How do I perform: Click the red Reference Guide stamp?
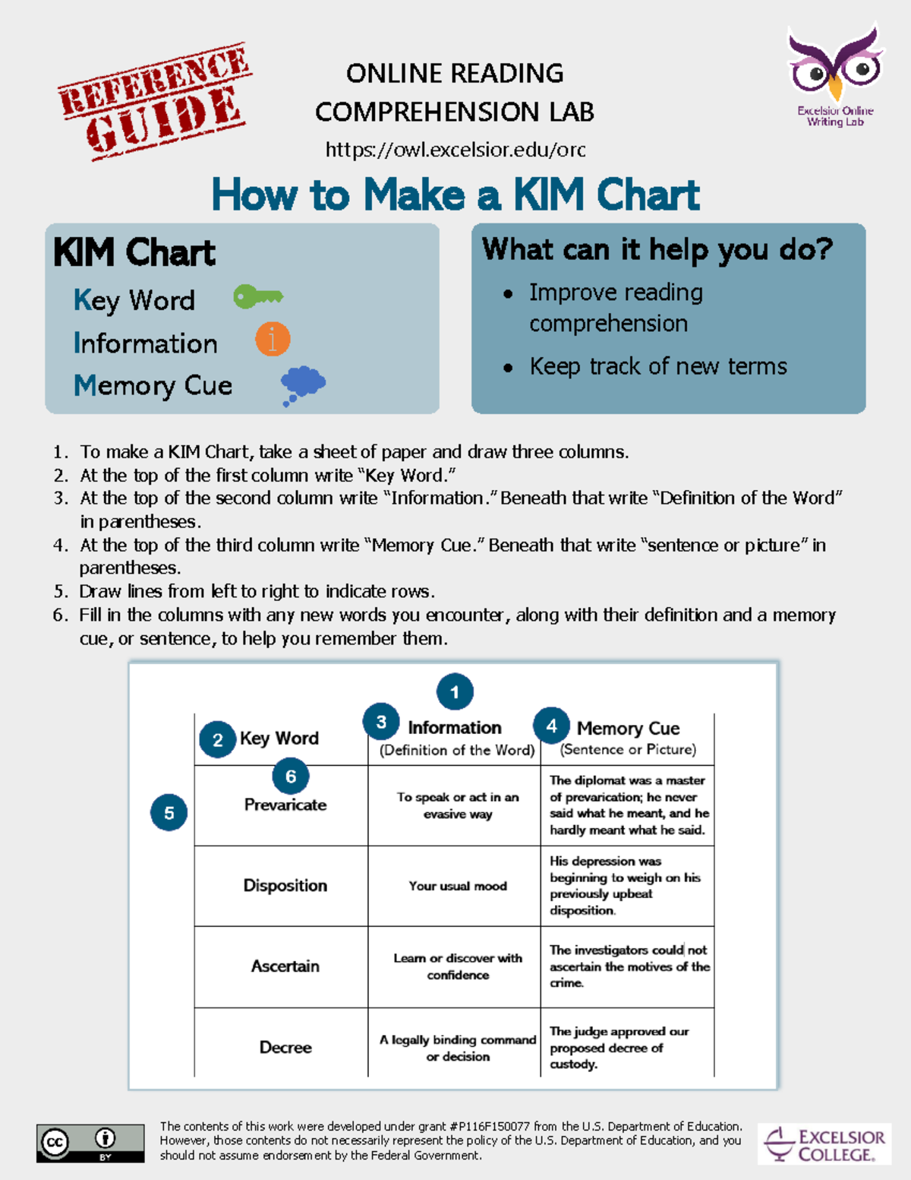156,100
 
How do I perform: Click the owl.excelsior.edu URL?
455,150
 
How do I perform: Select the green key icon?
257,296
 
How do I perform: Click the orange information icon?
273,339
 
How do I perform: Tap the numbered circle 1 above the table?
455,692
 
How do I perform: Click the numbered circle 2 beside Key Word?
218,740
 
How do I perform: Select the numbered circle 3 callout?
381,722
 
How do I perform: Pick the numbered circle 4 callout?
552,726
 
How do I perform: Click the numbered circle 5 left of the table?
169,813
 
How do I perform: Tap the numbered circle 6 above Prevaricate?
291,777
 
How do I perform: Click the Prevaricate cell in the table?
285,805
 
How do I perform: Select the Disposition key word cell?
285,886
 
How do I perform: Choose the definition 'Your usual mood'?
458,886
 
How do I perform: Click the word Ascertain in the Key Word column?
285,966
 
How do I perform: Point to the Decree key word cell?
285,1048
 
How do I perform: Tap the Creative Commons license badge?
90,1143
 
